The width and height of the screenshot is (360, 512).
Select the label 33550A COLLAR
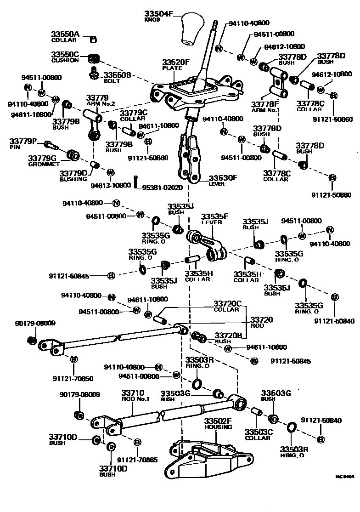[x=64, y=37]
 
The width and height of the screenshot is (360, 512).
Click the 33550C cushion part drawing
[x=94, y=58]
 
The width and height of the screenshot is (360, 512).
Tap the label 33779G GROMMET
[x=44, y=160]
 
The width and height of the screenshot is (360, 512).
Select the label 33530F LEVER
[x=223, y=180]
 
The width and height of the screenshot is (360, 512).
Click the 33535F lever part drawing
[x=207, y=245]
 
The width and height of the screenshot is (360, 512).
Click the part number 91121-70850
[x=73, y=379]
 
